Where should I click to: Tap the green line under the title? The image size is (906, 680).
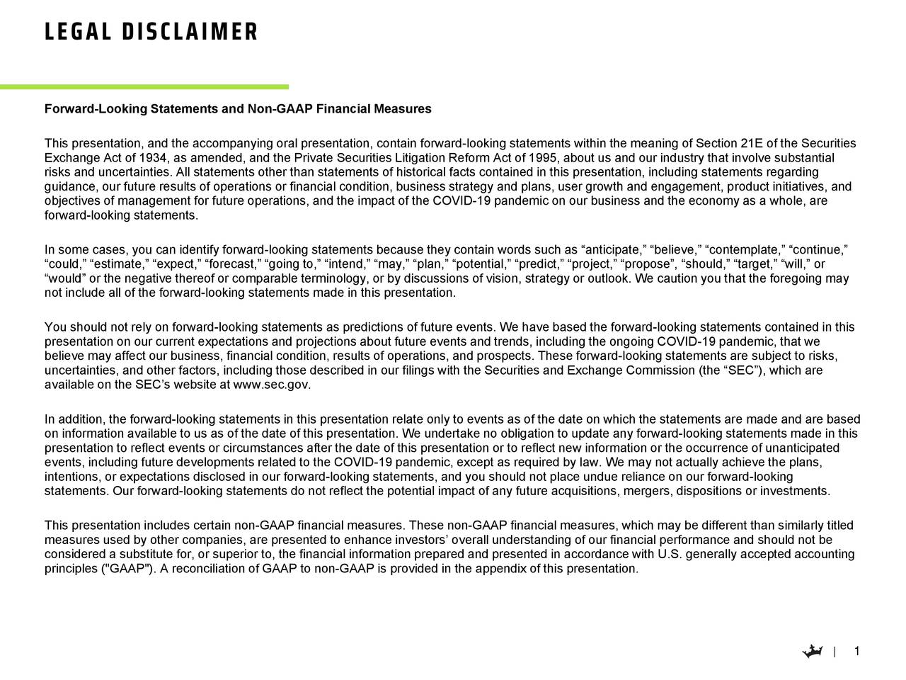(144, 87)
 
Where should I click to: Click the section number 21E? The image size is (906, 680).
(746, 143)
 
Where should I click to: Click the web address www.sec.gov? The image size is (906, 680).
(272, 385)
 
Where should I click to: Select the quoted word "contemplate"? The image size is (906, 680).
(746, 250)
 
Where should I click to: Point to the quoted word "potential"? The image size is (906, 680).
(483, 264)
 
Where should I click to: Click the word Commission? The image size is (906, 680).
(660, 370)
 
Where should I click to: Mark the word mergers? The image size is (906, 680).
(650, 492)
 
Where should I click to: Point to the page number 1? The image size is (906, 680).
(857, 652)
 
